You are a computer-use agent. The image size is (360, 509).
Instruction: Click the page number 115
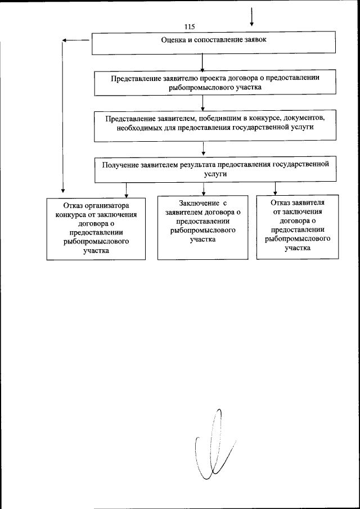coord(189,27)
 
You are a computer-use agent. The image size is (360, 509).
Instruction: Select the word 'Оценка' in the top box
coord(172,40)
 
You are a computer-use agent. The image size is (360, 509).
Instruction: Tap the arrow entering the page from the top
coord(251,16)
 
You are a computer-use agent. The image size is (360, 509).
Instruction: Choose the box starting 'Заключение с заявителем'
coord(203,227)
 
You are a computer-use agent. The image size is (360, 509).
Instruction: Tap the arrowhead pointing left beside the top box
coord(65,40)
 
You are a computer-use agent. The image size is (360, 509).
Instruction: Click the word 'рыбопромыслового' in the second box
coord(192,88)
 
